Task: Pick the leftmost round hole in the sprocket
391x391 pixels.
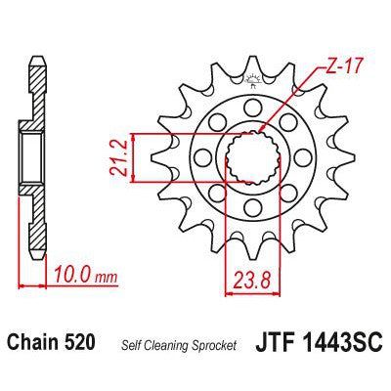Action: (203, 156)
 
